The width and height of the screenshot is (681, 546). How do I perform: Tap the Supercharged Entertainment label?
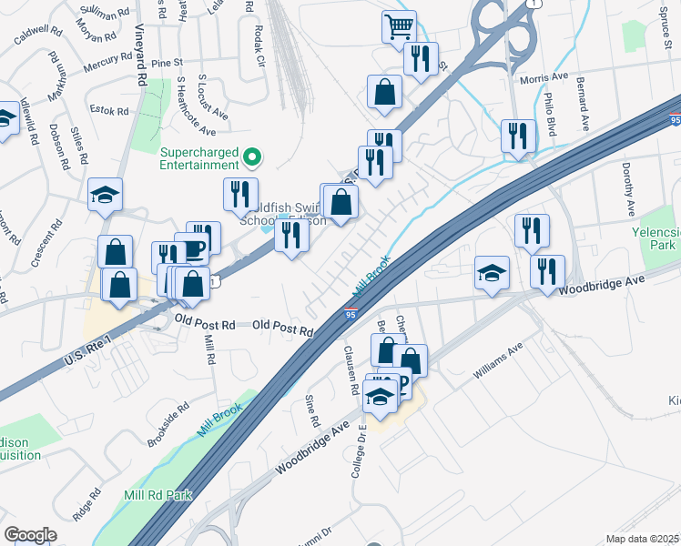pyautogui.click(x=199, y=157)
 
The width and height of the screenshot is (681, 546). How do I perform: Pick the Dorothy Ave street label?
pyautogui.click(x=627, y=189)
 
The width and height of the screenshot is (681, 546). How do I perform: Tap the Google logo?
pyautogui.click(x=31, y=535)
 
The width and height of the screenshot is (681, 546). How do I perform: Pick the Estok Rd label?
pyautogui.click(x=111, y=110)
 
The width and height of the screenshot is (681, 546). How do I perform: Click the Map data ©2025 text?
pyautogui.click(x=642, y=539)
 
